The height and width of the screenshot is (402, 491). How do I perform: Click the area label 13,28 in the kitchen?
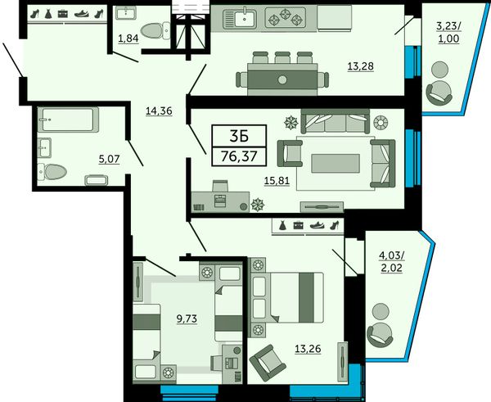tap(361, 66)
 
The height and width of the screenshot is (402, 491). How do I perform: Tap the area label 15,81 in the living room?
tap(277, 181)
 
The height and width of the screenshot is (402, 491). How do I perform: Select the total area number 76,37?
tap(239, 156)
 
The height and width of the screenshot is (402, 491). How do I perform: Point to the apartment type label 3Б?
tap(239, 136)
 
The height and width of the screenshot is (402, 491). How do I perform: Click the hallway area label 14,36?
tap(159, 111)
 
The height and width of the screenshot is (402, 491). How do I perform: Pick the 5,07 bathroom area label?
tap(109, 159)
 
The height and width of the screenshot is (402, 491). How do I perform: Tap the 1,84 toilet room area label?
tap(128, 38)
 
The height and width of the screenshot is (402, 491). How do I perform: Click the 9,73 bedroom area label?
tap(187, 318)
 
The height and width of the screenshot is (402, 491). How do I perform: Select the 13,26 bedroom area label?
tap(308, 349)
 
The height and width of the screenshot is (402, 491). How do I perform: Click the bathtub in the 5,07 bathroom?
tap(68, 120)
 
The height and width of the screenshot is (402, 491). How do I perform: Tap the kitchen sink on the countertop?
tap(240, 18)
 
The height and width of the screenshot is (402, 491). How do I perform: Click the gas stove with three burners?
tap(286, 18)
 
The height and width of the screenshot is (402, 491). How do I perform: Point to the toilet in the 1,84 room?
tap(155, 31)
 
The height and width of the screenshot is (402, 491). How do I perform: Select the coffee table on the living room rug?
tap(336, 163)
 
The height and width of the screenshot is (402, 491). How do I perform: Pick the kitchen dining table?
tap(282, 79)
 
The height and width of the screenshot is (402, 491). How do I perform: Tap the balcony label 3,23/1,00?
tap(448, 32)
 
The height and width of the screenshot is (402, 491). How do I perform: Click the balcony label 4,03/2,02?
tap(392, 262)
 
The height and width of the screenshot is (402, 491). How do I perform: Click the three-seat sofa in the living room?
tap(336, 121)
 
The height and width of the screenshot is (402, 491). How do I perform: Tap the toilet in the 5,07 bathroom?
tap(52, 172)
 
